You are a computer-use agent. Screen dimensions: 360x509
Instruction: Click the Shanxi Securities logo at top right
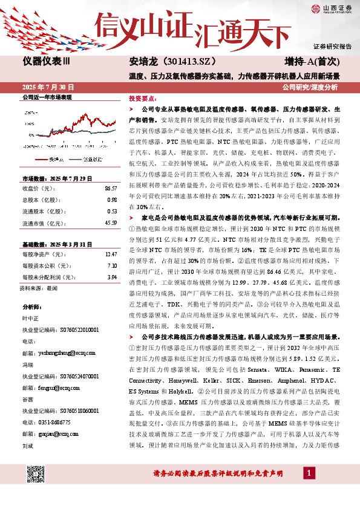pyautogui.click(x=332, y=8)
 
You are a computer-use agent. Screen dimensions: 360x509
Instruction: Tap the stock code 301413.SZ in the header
pyautogui.click(x=185, y=62)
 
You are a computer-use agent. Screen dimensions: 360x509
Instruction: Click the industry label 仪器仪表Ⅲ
pyautogui.click(x=46, y=62)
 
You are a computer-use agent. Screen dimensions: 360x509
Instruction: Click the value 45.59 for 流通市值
pyautogui.click(x=110, y=223)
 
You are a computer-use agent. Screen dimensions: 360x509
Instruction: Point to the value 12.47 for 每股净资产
pyautogui.click(x=110, y=255)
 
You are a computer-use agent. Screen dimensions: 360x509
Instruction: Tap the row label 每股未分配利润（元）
pyautogui.click(x=50, y=277)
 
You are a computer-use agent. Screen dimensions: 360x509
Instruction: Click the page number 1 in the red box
pyautogui.click(x=309, y=472)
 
